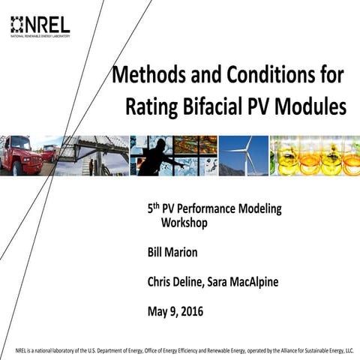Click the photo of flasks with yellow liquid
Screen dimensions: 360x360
(315, 156)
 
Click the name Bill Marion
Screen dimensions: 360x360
(172, 253)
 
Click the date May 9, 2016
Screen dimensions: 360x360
(175, 310)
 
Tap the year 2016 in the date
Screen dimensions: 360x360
(190, 310)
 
